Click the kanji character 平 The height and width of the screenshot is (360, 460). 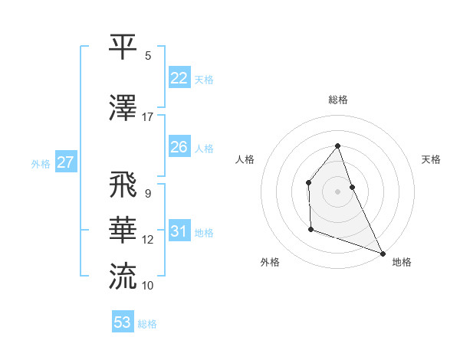tap(124, 47)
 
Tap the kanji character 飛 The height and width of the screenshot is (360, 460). tap(124, 186)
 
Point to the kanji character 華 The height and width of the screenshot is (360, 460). tap(124, 231)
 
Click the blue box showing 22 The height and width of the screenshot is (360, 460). tap(179, 78)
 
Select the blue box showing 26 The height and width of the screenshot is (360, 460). tap(179, 147)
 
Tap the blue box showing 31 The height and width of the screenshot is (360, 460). tap(179, 231)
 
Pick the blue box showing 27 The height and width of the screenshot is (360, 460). tap(65, 162)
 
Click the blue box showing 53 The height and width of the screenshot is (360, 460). tap(123, 322)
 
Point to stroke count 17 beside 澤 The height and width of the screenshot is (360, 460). tap(148, 117)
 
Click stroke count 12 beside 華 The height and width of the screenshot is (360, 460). tap(148, 240)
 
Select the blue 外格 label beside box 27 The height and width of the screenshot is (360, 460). tap(41, 163)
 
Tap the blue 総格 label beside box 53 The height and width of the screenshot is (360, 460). tap(147, 323)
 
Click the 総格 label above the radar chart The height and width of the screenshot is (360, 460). tap(338, 100)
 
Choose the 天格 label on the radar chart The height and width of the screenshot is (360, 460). tap(431, 159)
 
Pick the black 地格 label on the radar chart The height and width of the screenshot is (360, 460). tap(402, 262)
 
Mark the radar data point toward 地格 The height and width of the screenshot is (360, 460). tap(383, 253)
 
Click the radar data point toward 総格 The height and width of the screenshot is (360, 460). tap(338, 146)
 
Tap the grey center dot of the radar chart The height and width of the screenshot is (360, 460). tap(338, 191)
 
